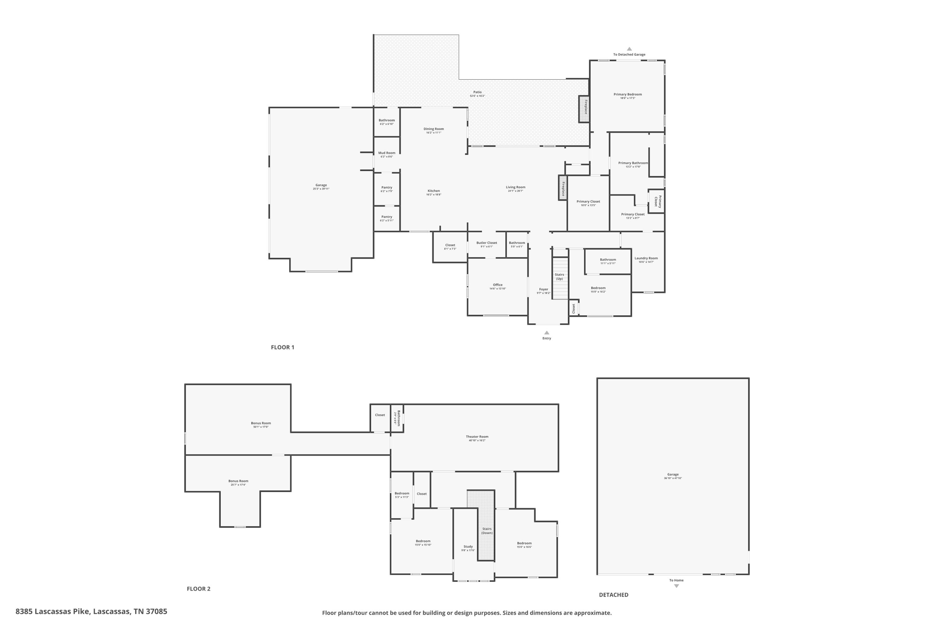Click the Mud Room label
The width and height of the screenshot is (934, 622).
[387, 153]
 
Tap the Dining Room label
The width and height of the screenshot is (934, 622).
[433, 129]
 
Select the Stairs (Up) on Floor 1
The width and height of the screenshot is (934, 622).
[560, 276]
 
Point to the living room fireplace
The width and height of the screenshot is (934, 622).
[563, 188]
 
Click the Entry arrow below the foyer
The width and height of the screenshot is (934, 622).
[547, 333]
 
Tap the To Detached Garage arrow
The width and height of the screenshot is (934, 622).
[629, 49]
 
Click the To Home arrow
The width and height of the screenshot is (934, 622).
[676, 586]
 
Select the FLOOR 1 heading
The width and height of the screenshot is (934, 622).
[283, 347]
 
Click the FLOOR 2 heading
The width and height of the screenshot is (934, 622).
[198, 589]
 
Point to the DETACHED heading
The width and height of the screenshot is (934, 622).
[613, 595]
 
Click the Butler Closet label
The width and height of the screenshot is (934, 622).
[487, 243]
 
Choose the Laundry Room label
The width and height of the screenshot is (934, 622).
[646, 258]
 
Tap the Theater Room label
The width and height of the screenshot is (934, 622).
[477, 437]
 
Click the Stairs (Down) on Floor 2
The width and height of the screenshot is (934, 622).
[487, 531]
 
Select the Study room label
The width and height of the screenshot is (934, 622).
[468, 546]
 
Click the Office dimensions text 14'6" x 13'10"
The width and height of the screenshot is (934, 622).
[498, 288]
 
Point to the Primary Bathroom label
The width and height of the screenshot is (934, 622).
[633, 163]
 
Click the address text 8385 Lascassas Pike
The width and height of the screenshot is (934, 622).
[91, 612]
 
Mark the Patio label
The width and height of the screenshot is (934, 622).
[477, 92]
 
